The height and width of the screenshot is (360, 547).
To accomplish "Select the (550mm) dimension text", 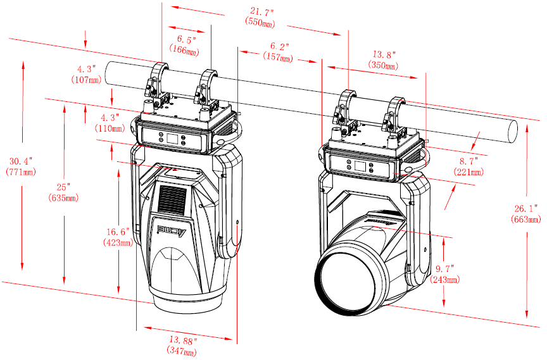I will (x=260, y=22).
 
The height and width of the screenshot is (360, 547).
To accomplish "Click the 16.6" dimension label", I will (x=118, y=232).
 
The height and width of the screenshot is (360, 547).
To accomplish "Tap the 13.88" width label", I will (x=182, y=341).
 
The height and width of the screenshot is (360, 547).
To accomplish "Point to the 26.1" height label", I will (x=525, y=208).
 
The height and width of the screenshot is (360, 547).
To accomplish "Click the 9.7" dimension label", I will (x=445, y=270).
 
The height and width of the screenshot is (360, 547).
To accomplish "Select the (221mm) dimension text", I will (x=468, y=172).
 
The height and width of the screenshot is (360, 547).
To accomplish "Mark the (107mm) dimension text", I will (x=86, y=80).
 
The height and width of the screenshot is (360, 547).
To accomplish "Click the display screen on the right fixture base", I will (x=360, y=166).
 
